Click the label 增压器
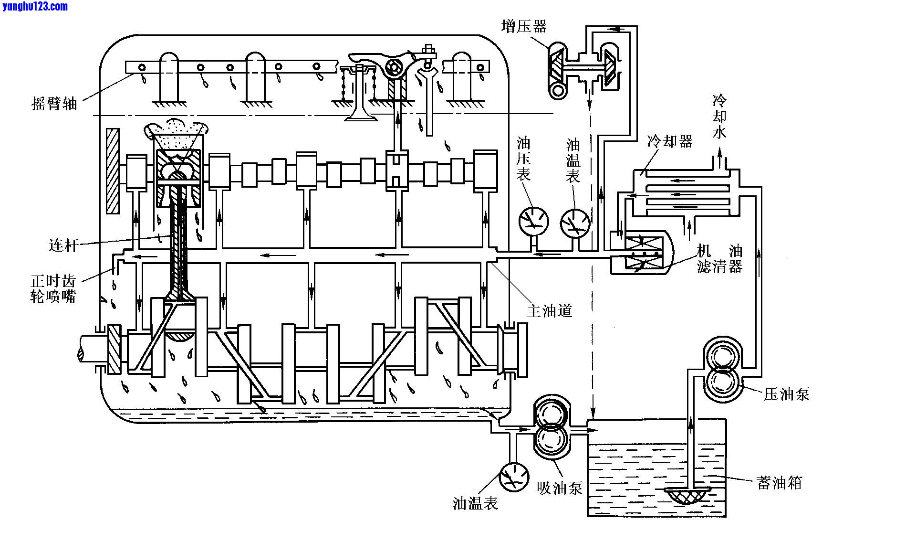pos(523,26)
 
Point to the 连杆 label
pos(63,245)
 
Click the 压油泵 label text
pos(786,394)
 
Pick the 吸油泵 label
pos(560,488)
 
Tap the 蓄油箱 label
pos(779,483)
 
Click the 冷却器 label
pos(670,141)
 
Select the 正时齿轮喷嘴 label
pos(53,288)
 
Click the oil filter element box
pos(644,253)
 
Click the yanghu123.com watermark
pos(34,6)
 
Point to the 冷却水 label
pos(719,117)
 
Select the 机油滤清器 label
pos(719,258)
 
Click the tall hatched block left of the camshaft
pos(113,170)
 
